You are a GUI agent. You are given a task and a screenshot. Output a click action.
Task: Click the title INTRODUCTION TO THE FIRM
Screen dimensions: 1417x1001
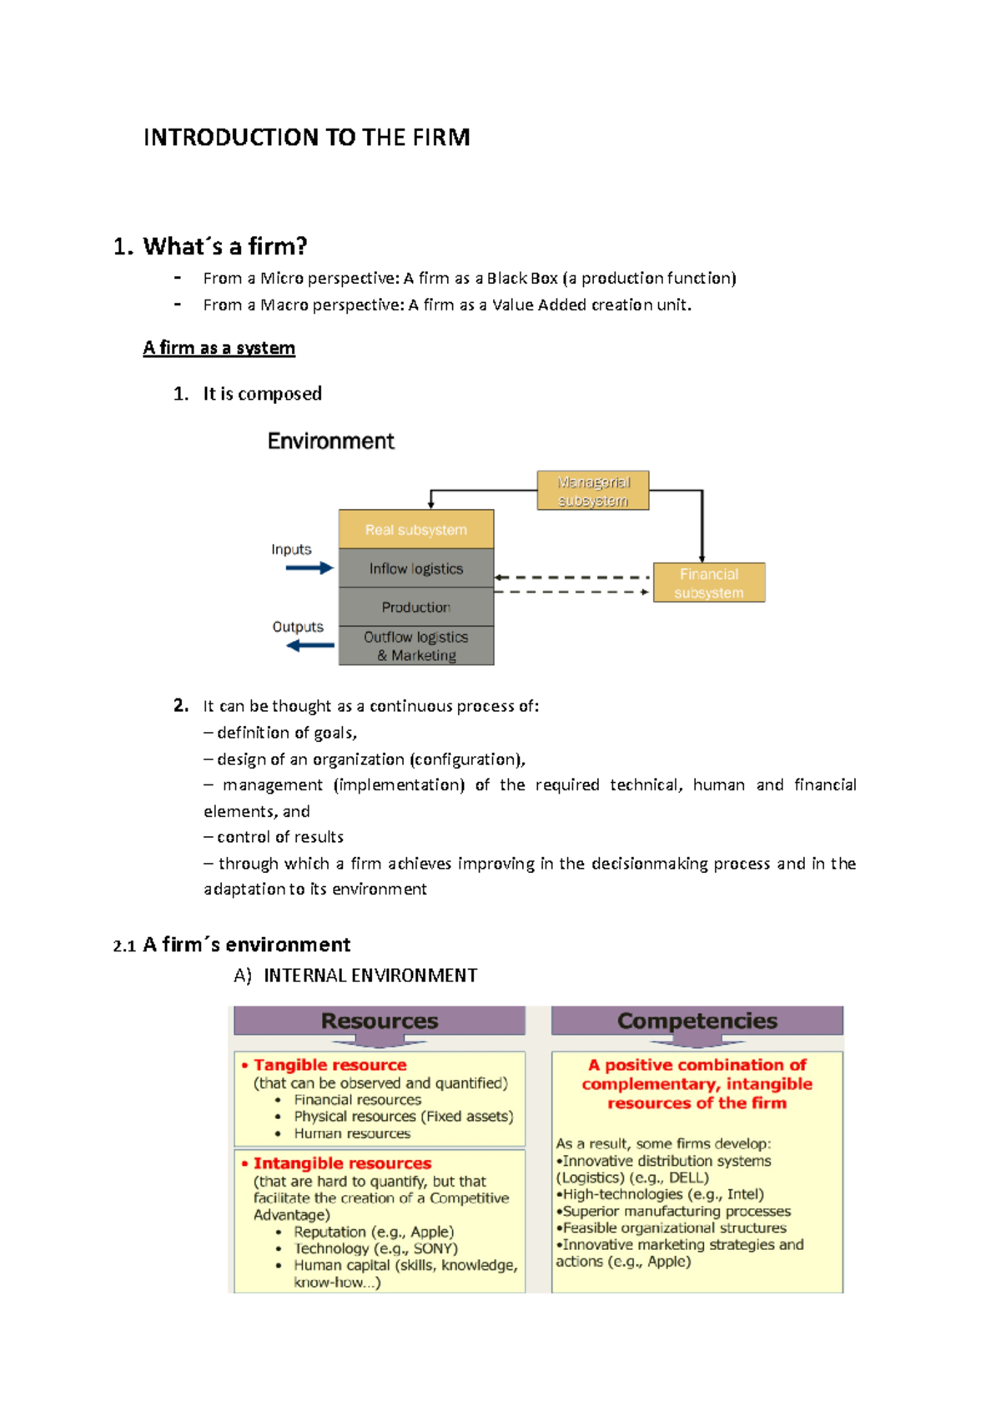[x=306, y=138]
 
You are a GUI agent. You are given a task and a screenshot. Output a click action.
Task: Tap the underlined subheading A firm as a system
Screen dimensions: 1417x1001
[x=219, y=348]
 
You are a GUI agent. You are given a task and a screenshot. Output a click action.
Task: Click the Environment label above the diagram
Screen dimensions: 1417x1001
[x=330, y=441]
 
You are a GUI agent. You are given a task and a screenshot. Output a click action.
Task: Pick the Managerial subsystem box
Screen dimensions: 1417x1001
[x=592, y=491]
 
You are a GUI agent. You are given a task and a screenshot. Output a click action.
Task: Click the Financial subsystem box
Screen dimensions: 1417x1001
[x=708, y=582]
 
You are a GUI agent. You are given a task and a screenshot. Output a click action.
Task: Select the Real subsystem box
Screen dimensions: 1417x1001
[x=415, y=530]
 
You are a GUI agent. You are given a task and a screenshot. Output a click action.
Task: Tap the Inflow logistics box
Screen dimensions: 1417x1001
[x=415, y=568]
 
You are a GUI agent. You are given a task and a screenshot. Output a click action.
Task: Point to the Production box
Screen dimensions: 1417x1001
[x=415, y=607]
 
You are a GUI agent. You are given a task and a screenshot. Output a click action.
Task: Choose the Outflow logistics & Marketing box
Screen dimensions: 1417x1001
[x=415, y=646]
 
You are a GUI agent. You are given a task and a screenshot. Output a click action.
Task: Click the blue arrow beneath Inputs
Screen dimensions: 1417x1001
[x=309, y=568]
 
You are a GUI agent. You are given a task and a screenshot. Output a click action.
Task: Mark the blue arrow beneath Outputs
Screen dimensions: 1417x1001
[x=309, y=645]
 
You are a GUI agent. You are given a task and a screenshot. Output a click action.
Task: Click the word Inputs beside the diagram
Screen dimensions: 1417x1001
[x=291, y=549]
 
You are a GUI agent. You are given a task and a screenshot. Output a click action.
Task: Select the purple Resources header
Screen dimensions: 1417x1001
[x=380, y=1021]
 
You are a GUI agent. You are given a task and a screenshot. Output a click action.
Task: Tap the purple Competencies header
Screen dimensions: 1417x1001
[x=697, y=1021]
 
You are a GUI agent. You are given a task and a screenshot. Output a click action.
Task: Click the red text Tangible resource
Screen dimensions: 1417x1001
[x=330, y=1065]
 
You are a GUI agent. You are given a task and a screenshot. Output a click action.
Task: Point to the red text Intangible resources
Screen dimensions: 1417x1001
[x=342, y=1163]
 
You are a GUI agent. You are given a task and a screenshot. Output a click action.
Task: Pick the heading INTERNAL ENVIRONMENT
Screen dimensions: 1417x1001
[x=370, y=976]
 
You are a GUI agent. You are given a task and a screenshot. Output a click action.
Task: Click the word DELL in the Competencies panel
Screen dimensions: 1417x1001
[x=688, y=1177]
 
